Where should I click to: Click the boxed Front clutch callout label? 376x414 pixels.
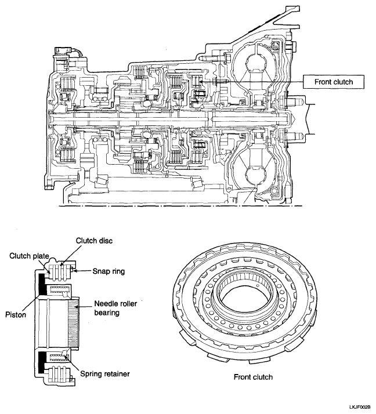[333, 82]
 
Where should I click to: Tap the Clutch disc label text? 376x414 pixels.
[94, 241]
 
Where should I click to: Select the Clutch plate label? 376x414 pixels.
[29, 256]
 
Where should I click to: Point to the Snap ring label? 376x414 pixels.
[109, 271]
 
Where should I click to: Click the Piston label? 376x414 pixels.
[16, 314]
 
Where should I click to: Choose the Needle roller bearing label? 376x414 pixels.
[115, 308]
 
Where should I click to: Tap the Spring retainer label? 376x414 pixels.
[105, 374]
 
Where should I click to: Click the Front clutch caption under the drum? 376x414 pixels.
[253, 377]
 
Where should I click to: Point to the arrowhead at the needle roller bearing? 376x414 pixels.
[77, 307]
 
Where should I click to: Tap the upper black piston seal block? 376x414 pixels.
[42, 284]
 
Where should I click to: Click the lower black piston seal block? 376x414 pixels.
[42, 362]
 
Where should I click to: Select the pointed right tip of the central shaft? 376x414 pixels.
[295, 119]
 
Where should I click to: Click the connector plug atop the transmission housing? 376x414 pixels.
[63, 51]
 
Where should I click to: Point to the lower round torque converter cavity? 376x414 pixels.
[255, 175]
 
